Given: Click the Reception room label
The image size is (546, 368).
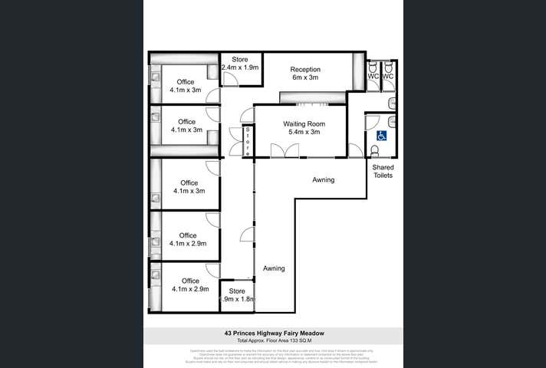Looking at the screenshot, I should (x=305, y=70).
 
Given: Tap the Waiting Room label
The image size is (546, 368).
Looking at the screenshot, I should (x=301, y=123).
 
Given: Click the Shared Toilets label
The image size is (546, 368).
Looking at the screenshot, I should (x=383, y=171).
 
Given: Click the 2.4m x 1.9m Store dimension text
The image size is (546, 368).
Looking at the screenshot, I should (x=241, y=67).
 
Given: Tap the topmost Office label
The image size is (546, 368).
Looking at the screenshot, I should (x=186, y=81).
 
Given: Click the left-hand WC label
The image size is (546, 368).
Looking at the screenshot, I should (x=373, y=77).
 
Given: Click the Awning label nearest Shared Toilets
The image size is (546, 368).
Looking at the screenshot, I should (x=323, y=180).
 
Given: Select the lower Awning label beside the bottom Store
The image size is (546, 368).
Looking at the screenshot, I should (x=274, y=268).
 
